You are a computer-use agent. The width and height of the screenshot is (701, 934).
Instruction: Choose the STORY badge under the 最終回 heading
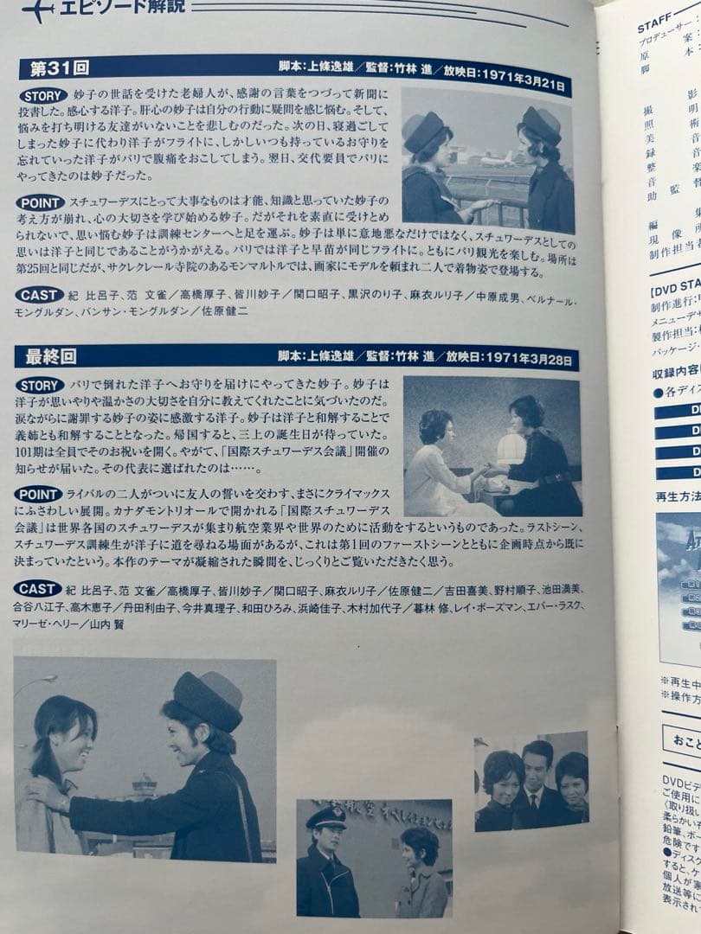[40, 385]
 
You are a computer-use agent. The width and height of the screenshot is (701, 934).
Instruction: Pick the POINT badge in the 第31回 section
[40, 202]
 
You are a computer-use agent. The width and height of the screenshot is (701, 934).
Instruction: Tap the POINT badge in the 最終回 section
[39, 494]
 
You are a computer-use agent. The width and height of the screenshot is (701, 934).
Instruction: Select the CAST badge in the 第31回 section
[39, 295]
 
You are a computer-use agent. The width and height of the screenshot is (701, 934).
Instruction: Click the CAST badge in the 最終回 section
[38, 589]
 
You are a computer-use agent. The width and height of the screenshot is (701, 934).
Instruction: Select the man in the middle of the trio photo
[537, 778]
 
